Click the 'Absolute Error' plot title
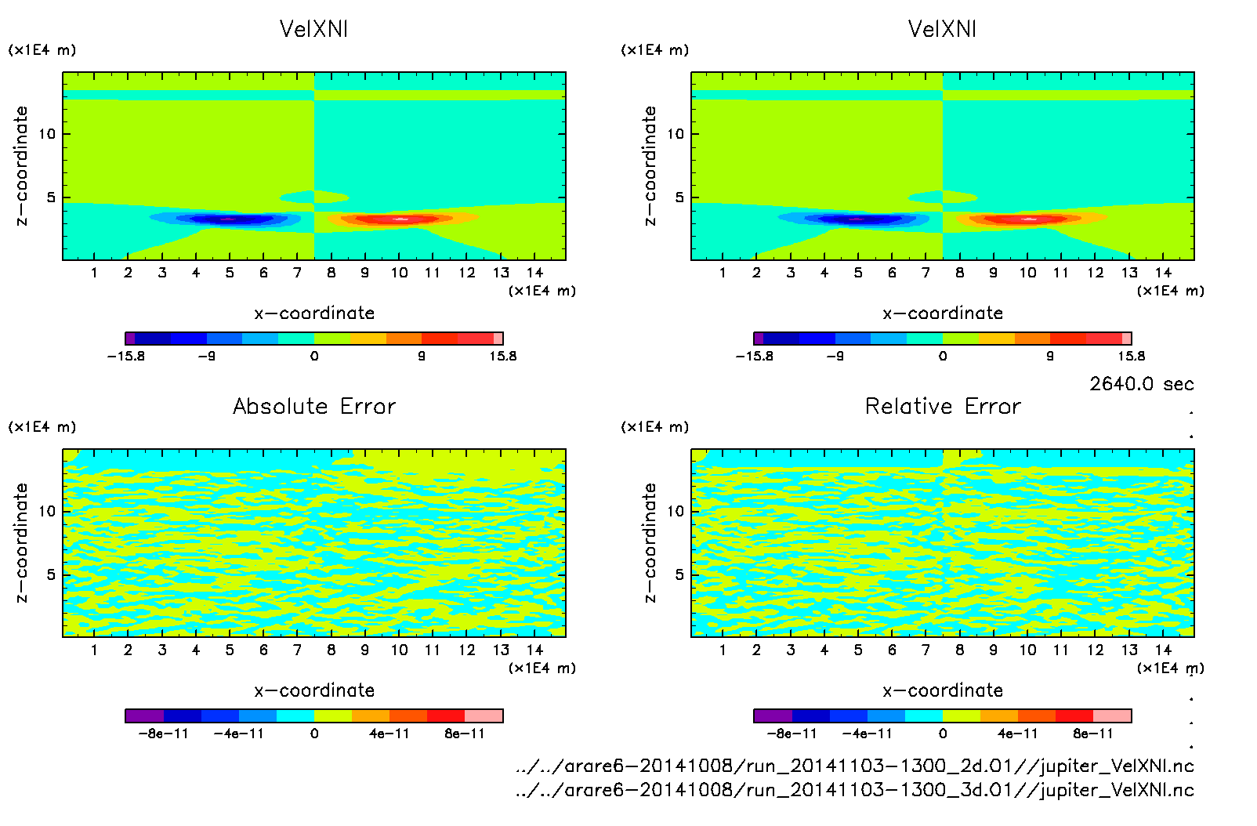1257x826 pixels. (x=314, y=406)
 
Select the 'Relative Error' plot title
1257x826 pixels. (x=943, y=406)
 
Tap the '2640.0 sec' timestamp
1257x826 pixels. (x=1141, y=384)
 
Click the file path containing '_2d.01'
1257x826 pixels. (x=854, y=766)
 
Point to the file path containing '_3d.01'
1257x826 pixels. (x=854, y=790)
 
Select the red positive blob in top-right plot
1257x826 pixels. (x=1027, y=219)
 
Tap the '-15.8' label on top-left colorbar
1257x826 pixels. (x=126, y=357)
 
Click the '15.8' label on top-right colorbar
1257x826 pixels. (x=1131, y=357)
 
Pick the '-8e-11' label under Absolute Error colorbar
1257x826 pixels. (x=164, y=734)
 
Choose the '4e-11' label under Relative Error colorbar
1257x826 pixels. (x=1018, y=734)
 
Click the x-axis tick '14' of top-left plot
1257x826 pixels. (x=535, y=273)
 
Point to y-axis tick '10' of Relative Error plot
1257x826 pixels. (x=676, y=512)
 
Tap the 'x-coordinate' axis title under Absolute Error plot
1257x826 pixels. (x=314, y=690)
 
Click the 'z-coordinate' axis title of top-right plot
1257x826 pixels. (x=650, y=165)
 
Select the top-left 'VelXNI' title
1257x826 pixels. (x=313, y=29)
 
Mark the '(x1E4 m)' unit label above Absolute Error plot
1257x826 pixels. (x=42, y=427)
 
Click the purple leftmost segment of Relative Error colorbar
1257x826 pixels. (x=773, y=716)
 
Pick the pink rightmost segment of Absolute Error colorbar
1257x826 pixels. (x=484, y=716)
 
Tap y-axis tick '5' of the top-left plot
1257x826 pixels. (x=52, y=197)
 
